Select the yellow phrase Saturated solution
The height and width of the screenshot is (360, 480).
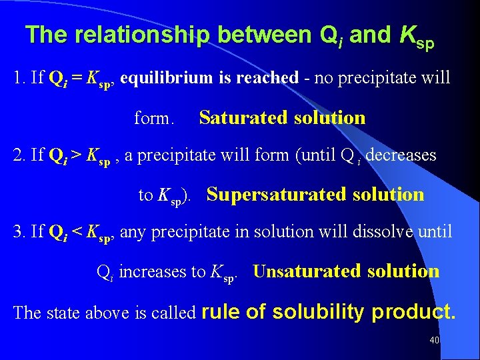[x=282, y=118]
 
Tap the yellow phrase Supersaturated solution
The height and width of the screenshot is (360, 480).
[x=315, y=195]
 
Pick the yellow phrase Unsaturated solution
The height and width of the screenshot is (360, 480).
[x=346, y=271]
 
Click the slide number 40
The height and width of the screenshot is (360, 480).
[x=435, y=341]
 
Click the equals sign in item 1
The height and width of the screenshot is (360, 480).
[x=77, y=78]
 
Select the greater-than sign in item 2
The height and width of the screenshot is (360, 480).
[x=77, y=155]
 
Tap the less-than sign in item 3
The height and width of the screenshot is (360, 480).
[x=77, y=232]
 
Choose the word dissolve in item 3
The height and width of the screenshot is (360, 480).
[x=371, y=232]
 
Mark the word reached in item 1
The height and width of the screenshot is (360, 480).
[x=271, y=78]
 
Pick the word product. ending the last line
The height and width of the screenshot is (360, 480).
[x=413, y=312]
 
